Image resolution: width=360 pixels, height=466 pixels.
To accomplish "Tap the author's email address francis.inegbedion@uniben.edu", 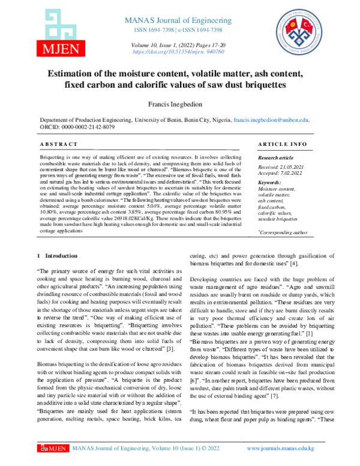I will (x=280, y=120).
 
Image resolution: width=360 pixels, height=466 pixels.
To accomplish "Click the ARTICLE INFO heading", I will (x=281, y=145).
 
